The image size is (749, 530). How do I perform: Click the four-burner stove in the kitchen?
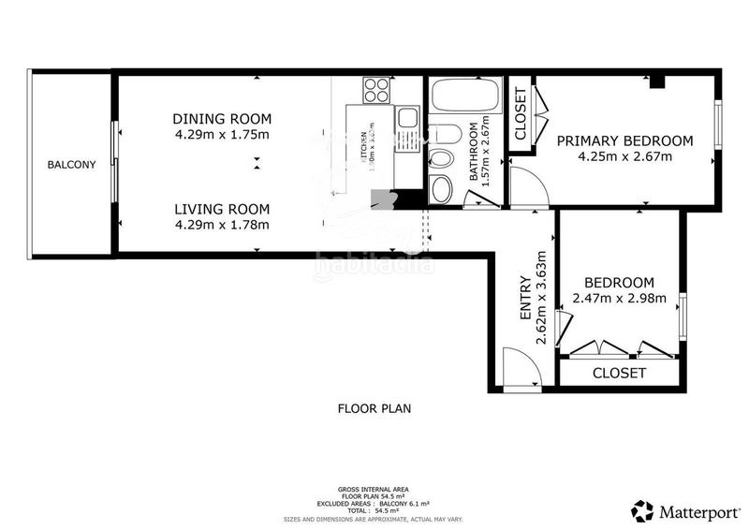click(x=376, y=91)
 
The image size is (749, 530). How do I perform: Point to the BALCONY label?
click(x=72, y=165)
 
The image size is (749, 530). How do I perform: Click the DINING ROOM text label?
click(x=222, y=119)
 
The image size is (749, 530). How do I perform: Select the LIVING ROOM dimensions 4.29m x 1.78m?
click(x=222, y=225)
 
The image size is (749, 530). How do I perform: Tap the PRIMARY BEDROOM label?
click(x=624, y=141)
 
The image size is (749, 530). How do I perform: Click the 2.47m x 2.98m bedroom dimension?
click(x=618, y=300)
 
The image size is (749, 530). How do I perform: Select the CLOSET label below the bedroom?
click(x=619, y=373)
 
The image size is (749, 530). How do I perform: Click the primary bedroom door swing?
click(x=526, y=187)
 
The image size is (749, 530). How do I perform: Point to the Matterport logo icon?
click(x=642, y=511)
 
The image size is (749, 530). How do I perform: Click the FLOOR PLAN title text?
click(x=374, y=408)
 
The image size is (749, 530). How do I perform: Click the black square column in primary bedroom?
click(x=657, y=82)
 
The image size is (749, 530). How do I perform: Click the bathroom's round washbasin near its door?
click(x=443, y=190)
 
